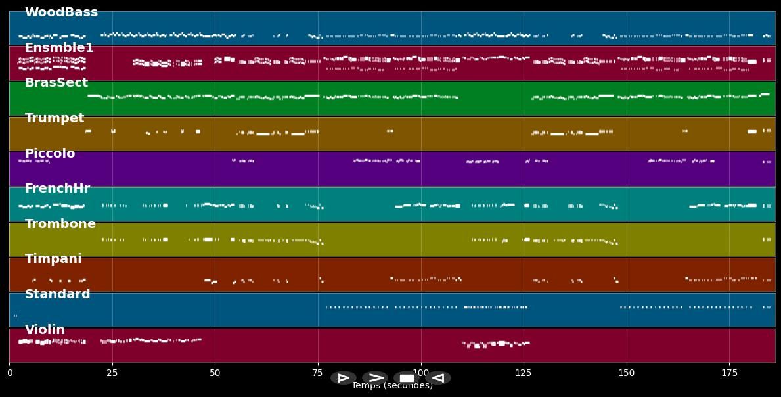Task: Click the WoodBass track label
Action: (61, 12)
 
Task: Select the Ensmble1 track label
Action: (59, 48)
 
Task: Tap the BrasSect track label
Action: (56, 83)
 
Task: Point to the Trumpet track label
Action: (55, 118)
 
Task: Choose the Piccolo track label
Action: (50, 154)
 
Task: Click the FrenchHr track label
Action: (57, 189)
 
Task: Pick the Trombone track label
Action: (60, 224)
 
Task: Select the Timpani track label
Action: (53, 259)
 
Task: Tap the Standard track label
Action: (57, 294)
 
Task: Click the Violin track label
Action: (45, 330)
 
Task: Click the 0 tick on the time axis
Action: (9, 373)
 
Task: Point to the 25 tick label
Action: (112, 373)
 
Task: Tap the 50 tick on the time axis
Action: (215, 373)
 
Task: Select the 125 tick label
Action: (524, 373)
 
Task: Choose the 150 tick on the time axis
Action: (627, 373)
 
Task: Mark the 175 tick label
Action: (729, 373)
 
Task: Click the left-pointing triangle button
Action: (439, 378)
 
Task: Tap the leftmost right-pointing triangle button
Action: (343, 378)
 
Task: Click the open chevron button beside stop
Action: (375, 378)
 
